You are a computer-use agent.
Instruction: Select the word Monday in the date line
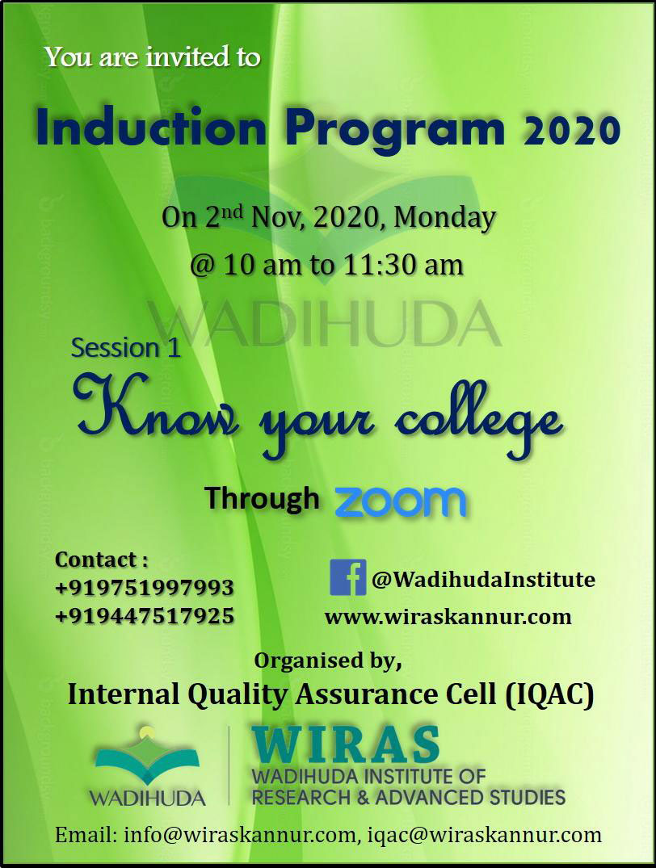coord(445,217)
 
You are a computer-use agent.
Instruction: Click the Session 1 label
coord(126,348)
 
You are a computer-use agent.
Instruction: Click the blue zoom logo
coord(399,501)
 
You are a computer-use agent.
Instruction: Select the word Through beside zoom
coord(262,498)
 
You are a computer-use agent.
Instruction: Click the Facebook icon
coord(348,577)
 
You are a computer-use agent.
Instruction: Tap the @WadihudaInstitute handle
coord(484,580)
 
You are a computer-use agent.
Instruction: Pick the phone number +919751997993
coord(144,587)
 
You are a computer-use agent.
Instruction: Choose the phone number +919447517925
coord(144,616)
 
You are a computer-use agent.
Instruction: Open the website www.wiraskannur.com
coord(448,617)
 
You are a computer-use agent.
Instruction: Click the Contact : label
coord(102,560)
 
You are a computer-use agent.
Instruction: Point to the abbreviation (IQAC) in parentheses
coord(549,694)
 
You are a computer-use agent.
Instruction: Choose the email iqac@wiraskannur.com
coord(485,835)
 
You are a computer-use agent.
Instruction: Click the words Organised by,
coord(327,661)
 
